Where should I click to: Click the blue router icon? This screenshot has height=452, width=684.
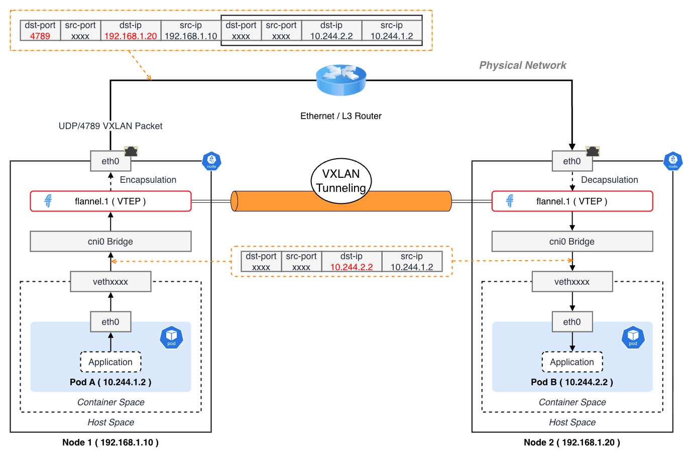(341, 80)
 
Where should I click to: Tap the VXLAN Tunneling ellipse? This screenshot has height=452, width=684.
(341, 181)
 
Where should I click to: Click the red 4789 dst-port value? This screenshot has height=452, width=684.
(40, 36)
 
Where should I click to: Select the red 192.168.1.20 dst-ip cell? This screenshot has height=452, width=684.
(131, 36)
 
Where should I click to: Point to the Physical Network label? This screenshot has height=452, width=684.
(522, 65)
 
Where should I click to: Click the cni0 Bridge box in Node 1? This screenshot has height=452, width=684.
(110, 242)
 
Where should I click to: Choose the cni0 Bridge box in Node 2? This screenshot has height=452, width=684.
(572, 242)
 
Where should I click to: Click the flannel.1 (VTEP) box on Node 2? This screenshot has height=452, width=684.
(572, 201)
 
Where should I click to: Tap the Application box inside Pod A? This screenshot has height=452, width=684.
(110, 362)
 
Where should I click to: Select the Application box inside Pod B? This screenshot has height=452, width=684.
(572, 362)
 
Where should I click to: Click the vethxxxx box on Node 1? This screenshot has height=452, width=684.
(110, 282)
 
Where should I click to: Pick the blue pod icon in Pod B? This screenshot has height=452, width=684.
(633, 337)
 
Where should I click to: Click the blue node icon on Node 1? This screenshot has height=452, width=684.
(211, 161)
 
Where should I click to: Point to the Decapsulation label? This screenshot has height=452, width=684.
(609, 180)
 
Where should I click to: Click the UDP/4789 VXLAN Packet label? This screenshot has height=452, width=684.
(110, 126)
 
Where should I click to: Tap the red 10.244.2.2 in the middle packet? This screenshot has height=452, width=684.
(352, 267)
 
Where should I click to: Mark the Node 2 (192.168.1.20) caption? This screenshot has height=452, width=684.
(572, 442)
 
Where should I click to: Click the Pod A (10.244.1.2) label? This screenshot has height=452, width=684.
(110, 382)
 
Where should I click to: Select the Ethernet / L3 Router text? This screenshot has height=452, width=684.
(341, 116)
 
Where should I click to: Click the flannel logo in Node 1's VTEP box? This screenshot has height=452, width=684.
(48, 201)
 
